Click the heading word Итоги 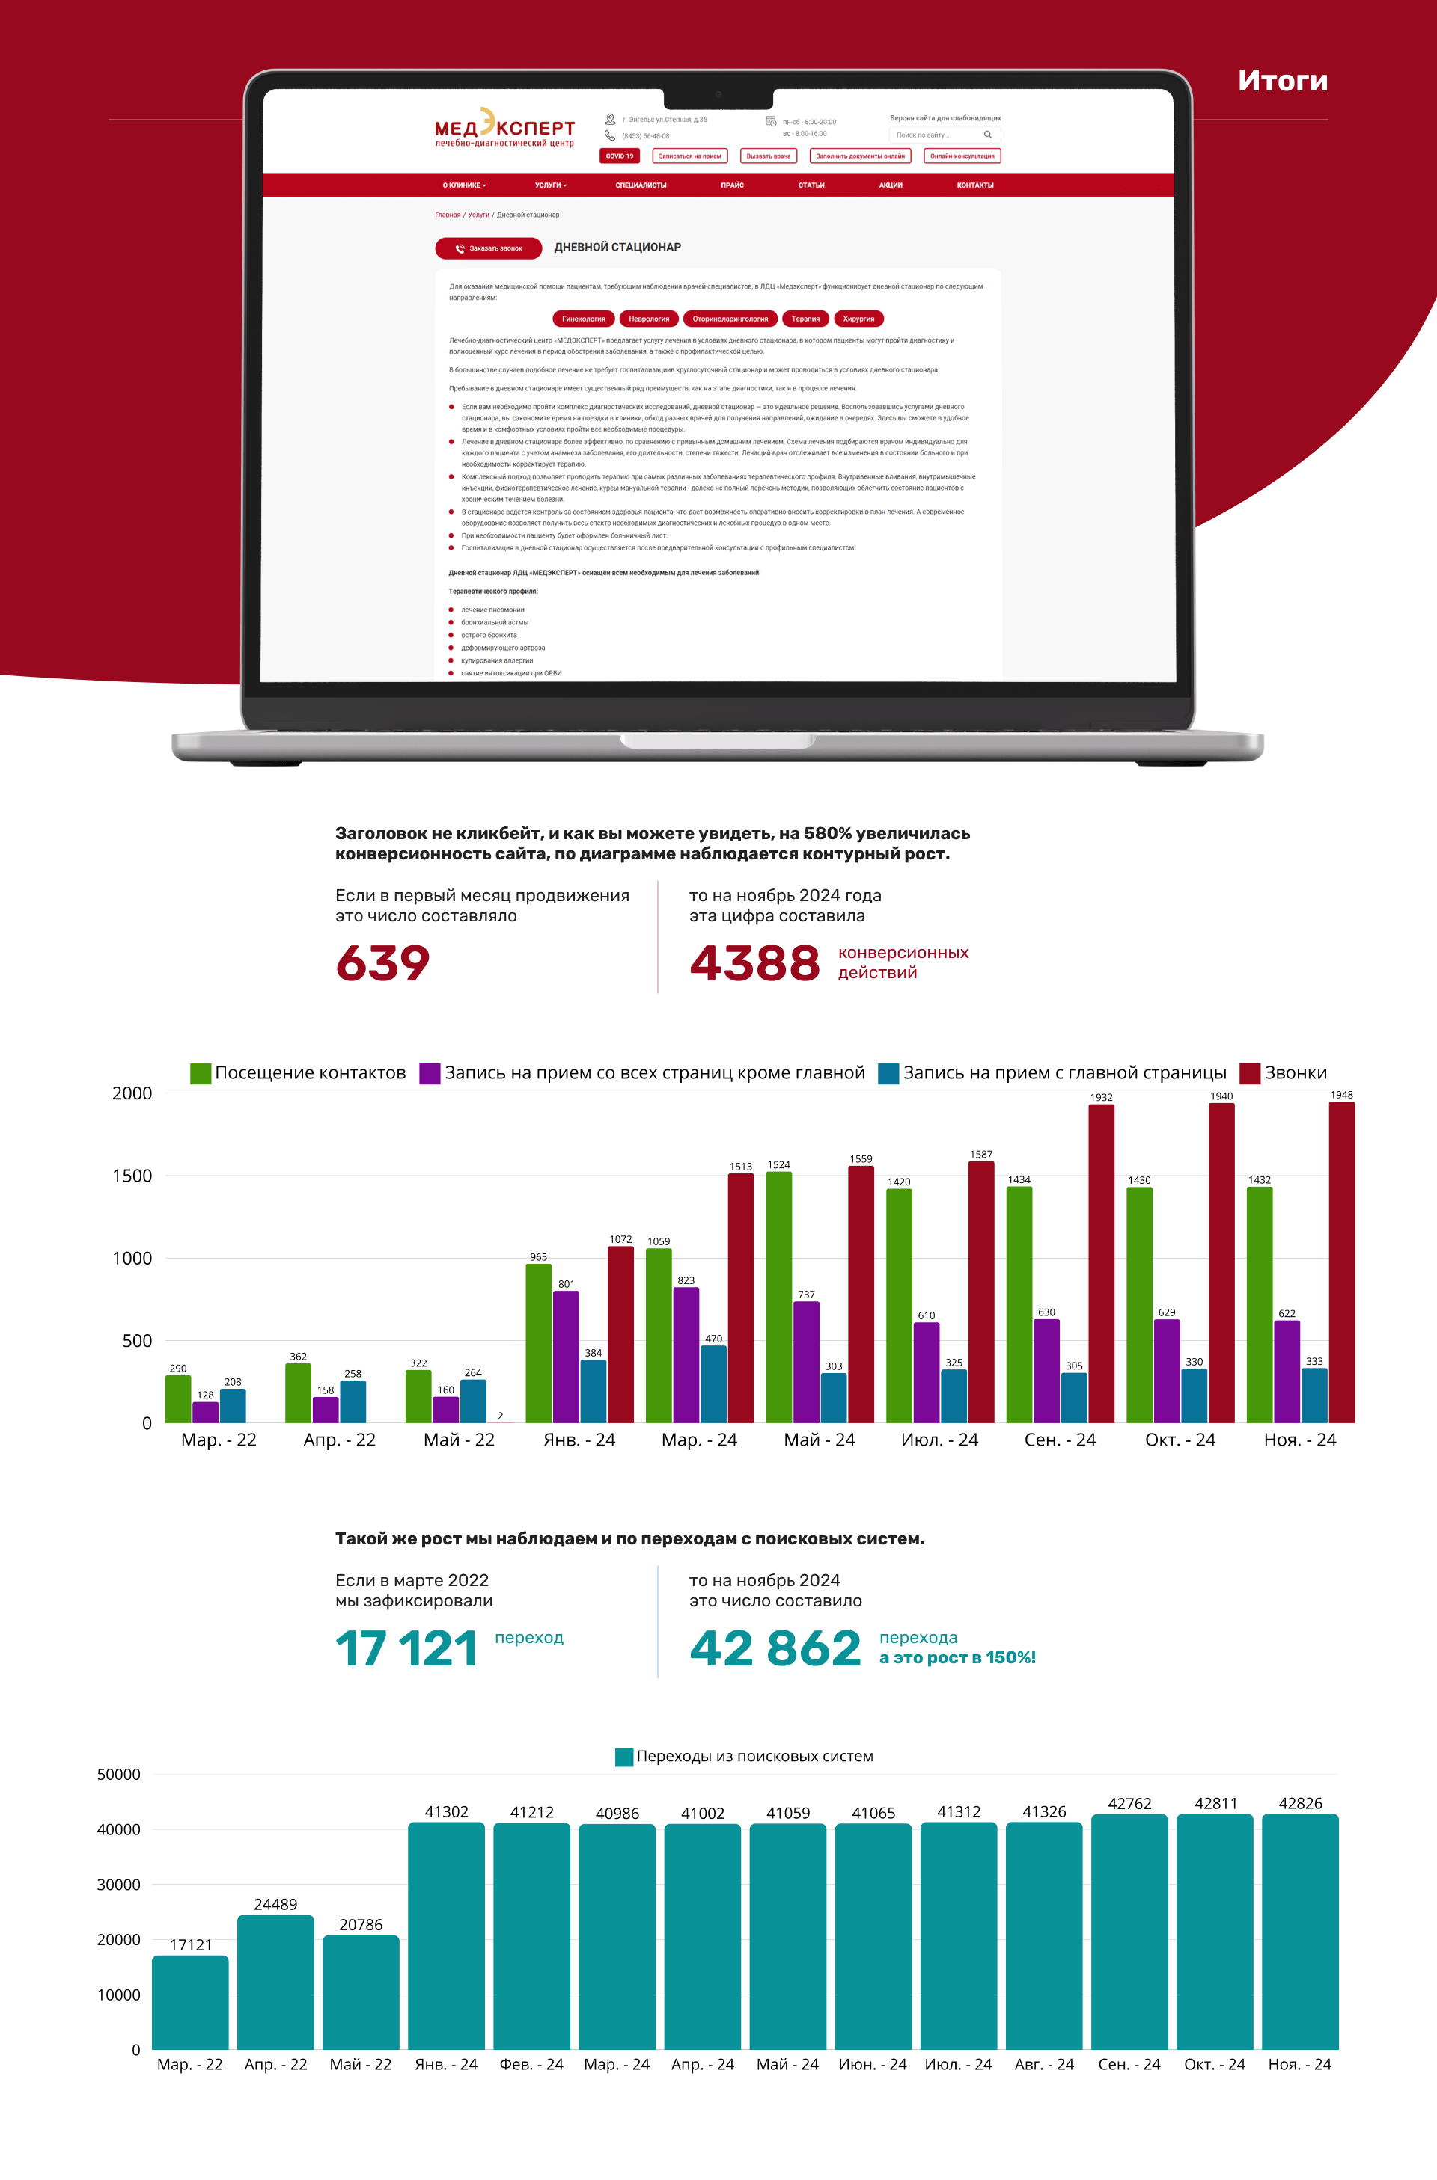pyautogui.click(x=1282, y=81)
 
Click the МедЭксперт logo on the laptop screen pyautogui.click(x=504, y=128)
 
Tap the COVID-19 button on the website pyautogui.click(x=620, y=156)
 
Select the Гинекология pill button pyautogui.click(x=584, y=319)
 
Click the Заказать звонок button pyautogui.click(x=489, y=248)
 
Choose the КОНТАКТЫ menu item pyautogui.click(x=975, y=185)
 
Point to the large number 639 pyautogui.click(x=383, y=962)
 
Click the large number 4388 pyautogui.click(x=754, y=962)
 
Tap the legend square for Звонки pyautogui.click(x=1249, y=1073)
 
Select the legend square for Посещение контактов pyautogui.click(x=201, y=1073)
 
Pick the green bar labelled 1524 pyautogui.click(x=779, y=1296)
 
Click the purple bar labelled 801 pyautogui.click(x=567, y=1356)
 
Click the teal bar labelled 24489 pyautogui.click(x=276, y=1983)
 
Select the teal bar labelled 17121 pyautogui.click(x=191, y=2004)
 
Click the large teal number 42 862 pyautogui.click(x=775, y=1649)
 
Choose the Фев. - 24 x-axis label pyautogui.click(x=531, y=2065)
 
